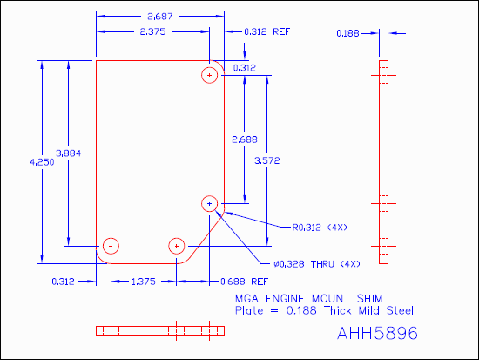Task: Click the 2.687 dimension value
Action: pos(160,17)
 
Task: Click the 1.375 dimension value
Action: pos(144,282)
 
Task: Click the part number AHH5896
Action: pos(377,333)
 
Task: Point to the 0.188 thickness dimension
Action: pos(348,33)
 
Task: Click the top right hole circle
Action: pos(209,75)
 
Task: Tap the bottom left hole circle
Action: pos(110,246)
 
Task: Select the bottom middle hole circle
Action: pos(177,246)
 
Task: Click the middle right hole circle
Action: pos(209,203)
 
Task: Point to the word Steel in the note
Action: pos(395,310)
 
